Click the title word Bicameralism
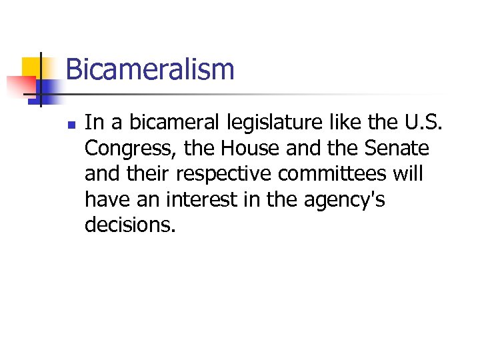tap(150, 69)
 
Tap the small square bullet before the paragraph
tap(73, 124)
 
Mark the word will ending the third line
tap(409, 173)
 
